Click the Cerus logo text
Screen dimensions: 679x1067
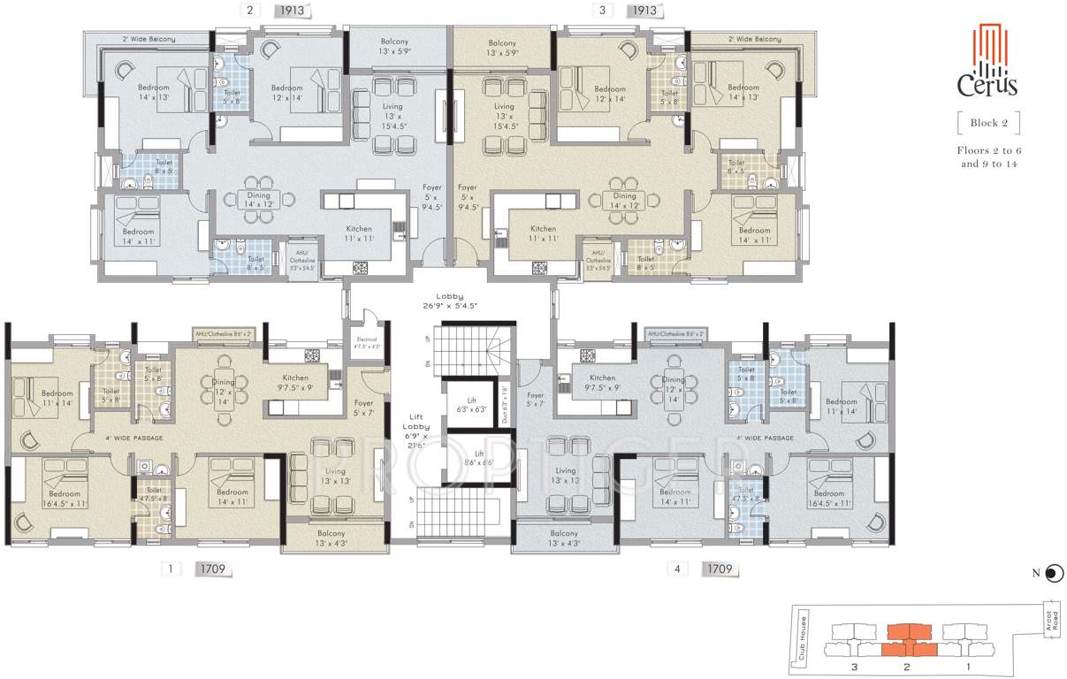pyautogui.click(x=987, y=85)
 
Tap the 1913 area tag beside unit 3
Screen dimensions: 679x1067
pyautogui.click(x=643, y=11)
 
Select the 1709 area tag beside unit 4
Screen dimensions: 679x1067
pyautogui.click(x=719, y=569)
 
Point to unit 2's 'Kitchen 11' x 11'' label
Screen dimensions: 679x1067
pyautogui.click(x=359, y=233)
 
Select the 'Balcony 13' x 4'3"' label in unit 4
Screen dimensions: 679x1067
pyautogui.click(x=564, y=538)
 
